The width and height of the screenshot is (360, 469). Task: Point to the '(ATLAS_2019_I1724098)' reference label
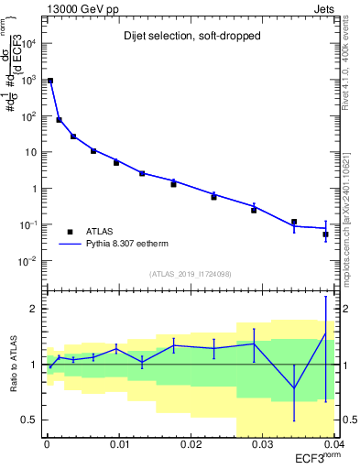pyautogui.click(x=190, y=274)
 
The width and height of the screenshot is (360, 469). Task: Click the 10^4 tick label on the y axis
pyautogui.click(x=27, y=44)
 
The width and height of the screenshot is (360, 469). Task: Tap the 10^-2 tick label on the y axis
pyautogui.click(x=27, y=261)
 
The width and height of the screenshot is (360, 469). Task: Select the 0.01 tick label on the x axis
pyautogui.click(x=118, y=444)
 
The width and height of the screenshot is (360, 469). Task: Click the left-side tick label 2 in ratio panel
pyautogui.click(x=35, y=310)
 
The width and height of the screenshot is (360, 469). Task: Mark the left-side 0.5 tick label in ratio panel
pyautogui.click(x=30, y=420)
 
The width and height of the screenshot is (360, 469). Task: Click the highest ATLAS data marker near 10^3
pyautogui.click(x=51, y=81)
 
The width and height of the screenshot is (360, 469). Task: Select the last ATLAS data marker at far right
pyautogui.click(x=326, y=234)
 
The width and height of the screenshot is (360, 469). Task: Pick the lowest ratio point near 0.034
pyautogui.click(x=294, y=388)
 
